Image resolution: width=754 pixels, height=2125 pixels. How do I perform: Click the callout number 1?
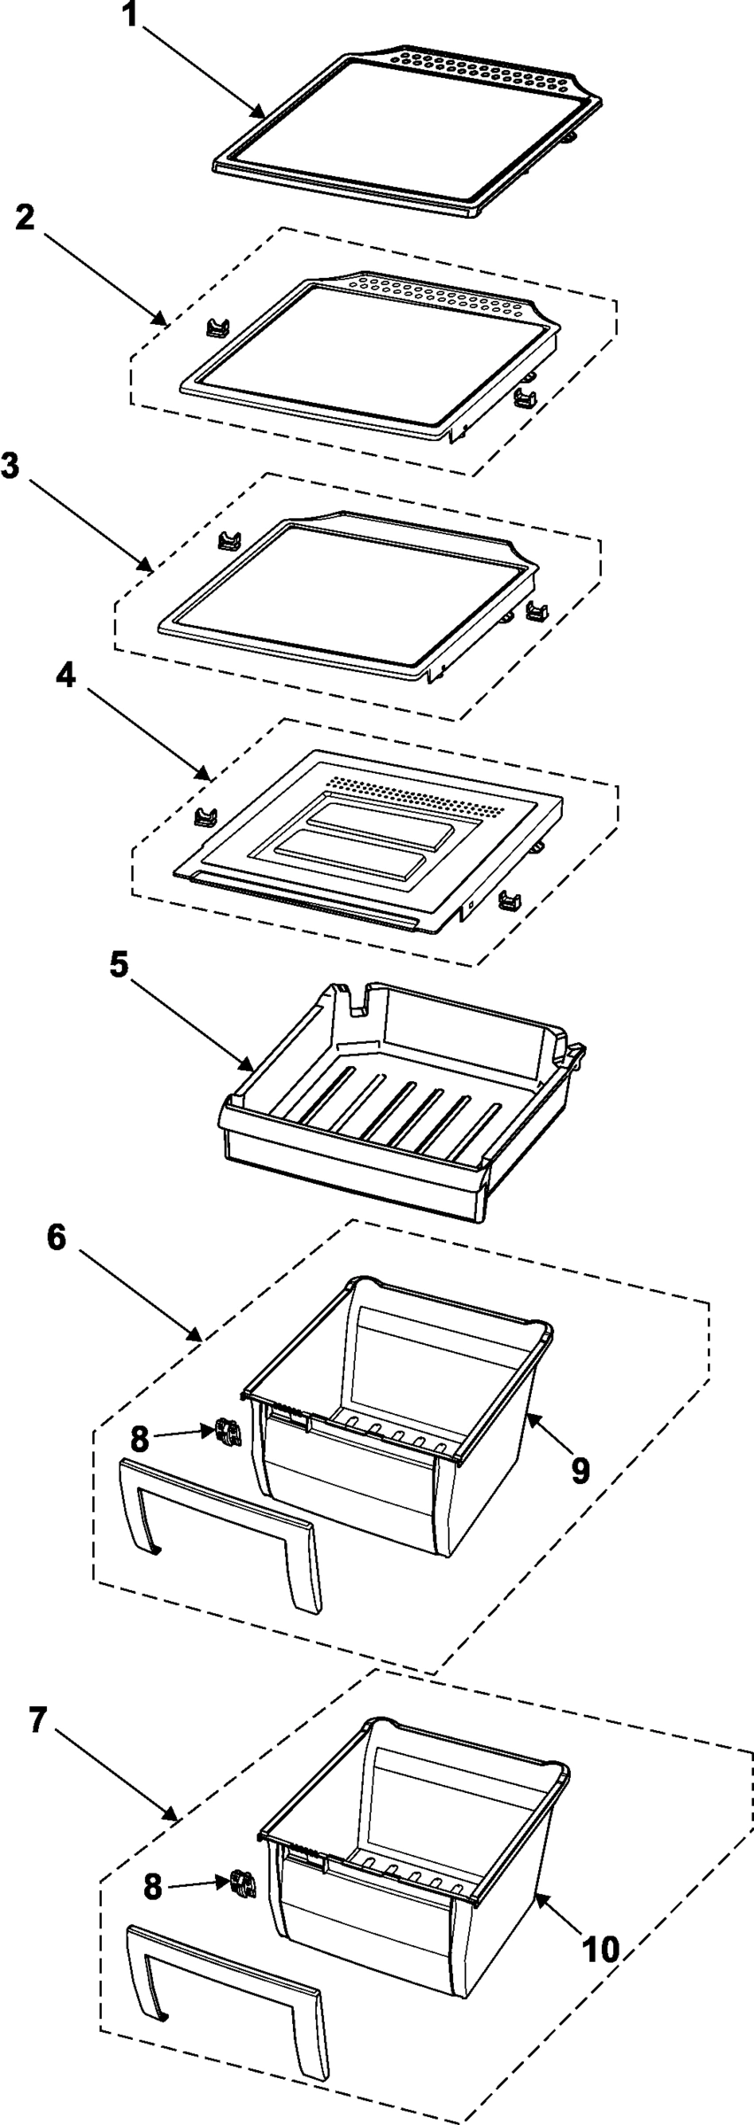coord(131,15)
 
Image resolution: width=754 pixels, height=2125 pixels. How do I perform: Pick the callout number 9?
coord(580,1470)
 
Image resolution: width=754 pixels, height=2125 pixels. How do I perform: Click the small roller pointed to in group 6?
coord(225,1432)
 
